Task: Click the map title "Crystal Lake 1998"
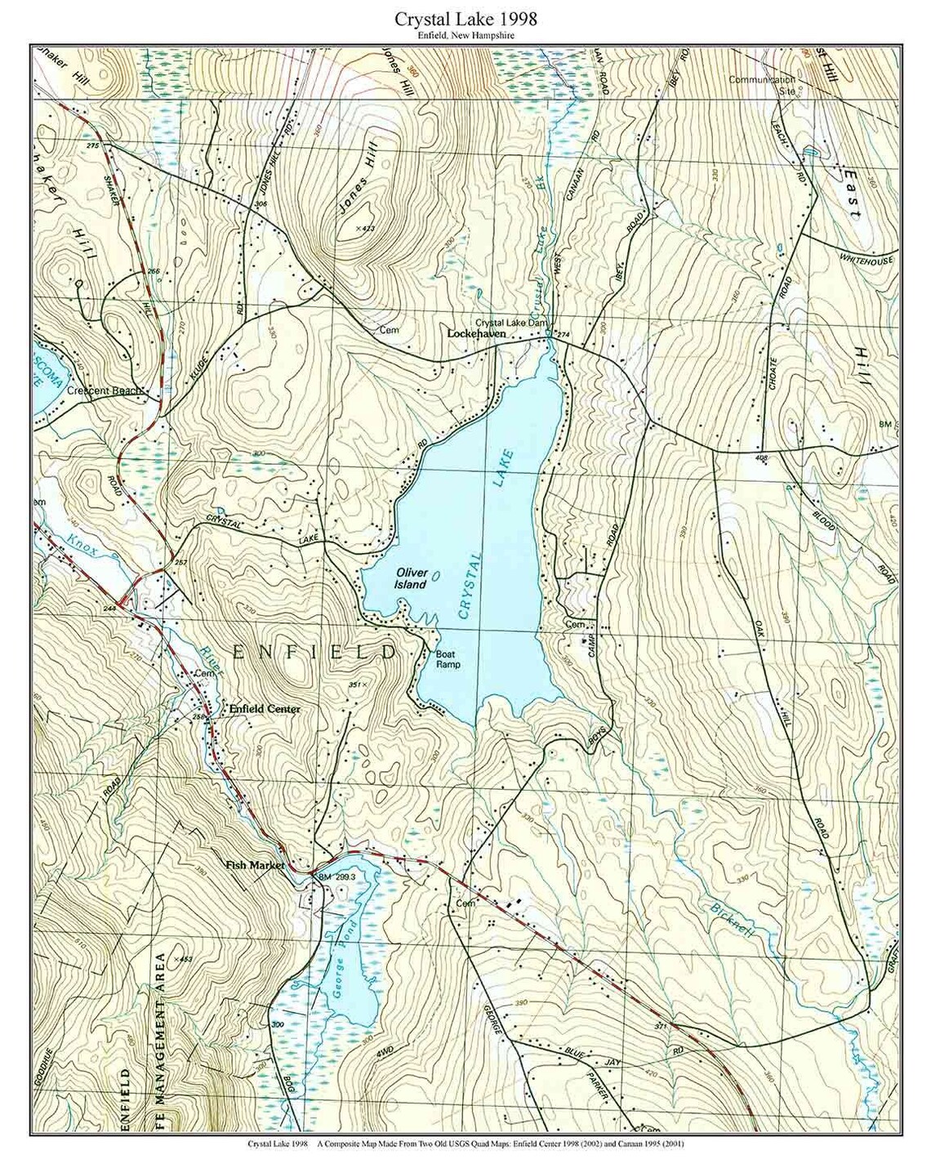point(465,18)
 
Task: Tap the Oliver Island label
point(411,579)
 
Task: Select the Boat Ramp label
point(448,659)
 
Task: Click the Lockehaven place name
point(476,334)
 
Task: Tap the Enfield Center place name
point(265,709)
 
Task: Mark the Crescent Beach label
point(104,390)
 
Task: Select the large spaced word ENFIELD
point(315,652)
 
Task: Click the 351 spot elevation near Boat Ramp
point(355,684)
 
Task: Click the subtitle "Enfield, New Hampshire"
point(465,35)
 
